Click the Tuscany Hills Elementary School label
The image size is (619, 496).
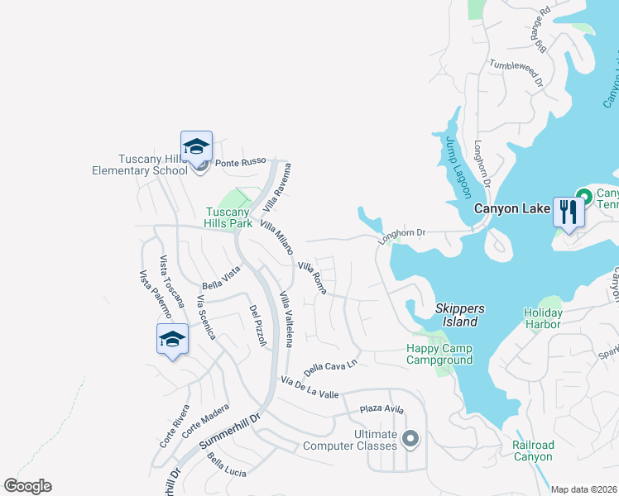pyautogui.click(x=152, y=165)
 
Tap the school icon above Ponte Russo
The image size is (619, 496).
pyautogui.click(x=196, y=147)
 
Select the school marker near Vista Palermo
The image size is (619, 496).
pyautogui.click(x=172, y=339)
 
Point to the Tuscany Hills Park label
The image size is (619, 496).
pyautogui.click(x=228, y=217)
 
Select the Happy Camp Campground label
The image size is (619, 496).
pyautogui.click(x=439, y=354)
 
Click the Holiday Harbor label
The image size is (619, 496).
pyautogui.click(x=543, y=318)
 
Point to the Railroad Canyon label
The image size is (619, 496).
pyautogui.click(x=532, y=451)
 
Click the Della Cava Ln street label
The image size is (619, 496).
pyautogui.click(x=330, y=365)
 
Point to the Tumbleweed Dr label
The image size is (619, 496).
pyautogui.click(x=515, y=73)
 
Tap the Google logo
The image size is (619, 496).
pyautogui.click(x=27, y=486)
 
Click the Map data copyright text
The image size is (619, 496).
pyautogui.click(x=584, y=489)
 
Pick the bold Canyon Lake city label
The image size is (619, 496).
pyautogui.click(x=507, y=208)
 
